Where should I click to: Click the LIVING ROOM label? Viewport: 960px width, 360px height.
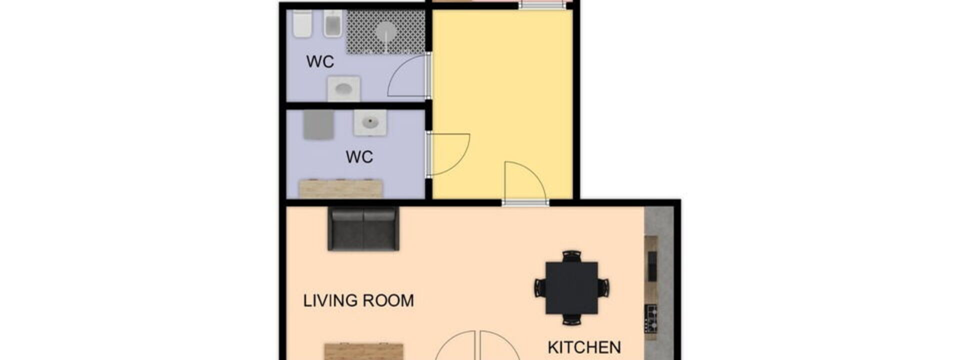pyautogui.click(x=358, y=300)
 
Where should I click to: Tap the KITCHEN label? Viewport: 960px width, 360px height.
pyautogui.click(x=584, y=347)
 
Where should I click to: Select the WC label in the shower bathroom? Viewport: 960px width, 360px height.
pyautogui.click(x=320, y=61)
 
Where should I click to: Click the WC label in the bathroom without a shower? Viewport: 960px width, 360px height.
pyautogui.click(x=359, y=156)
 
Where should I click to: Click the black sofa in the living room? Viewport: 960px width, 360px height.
pyautogui.click(x=363, y=228)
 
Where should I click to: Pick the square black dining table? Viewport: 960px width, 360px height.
pyautogui.click(x=571, y=288)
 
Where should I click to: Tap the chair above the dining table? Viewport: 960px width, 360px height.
pyautogui.click(x=571, y=256)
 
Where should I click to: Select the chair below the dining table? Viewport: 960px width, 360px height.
pyautogui.click(x=571, y=319)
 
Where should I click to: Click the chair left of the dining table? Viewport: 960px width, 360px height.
pyautogui.click(x=540, y=288)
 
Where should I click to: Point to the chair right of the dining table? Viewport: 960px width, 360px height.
pyautogui.click(x=603, y=288)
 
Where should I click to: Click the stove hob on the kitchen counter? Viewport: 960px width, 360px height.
pyautogui.click(x=650, y=318)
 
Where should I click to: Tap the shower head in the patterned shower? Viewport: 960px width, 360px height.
pyautogui.click(x=386, y=31)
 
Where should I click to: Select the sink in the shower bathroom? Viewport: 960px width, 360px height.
pyautogui.click(x=343, y=89)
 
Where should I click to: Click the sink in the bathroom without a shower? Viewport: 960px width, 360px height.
pyautogui.click(x=370, y=123)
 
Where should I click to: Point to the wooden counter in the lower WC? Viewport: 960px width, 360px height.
pyautogui.click(x=340, y=188)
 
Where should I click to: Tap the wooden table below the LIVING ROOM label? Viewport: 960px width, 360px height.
pyautogui.click(x=363, y=351)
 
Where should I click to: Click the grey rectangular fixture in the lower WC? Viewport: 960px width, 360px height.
pyautogui.click(x=318, y=124)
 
